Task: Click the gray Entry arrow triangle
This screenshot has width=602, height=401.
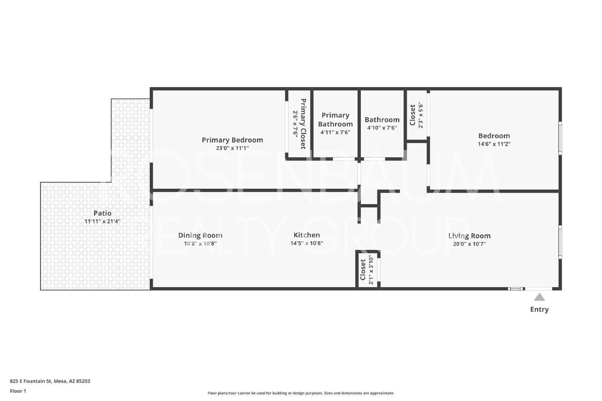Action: [540, 297]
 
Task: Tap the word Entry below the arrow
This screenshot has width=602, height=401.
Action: [540, 309]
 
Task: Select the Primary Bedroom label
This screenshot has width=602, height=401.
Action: [232, 140]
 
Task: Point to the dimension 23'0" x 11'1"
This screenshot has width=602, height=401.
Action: [232, 148]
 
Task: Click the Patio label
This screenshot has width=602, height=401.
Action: [102, 213]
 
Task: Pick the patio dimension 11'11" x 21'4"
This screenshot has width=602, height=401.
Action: [102, 221]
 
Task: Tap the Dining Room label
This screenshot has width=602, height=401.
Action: [200, 235]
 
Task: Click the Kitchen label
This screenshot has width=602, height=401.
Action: [307, 235]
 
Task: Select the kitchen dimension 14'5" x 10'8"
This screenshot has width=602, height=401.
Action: [307, 243]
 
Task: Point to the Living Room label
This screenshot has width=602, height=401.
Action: [469, 236]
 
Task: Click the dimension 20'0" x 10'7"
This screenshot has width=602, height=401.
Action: [469, 244]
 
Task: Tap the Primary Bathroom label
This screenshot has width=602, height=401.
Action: [335, 120]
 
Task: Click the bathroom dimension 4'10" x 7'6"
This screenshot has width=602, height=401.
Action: [382, 128]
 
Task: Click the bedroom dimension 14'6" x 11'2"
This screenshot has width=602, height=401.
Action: [494, 144]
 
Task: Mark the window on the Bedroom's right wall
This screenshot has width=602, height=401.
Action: [560, 138]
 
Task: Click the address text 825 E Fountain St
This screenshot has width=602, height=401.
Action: [30, 381]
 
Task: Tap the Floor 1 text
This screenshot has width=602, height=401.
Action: [18, 391]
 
